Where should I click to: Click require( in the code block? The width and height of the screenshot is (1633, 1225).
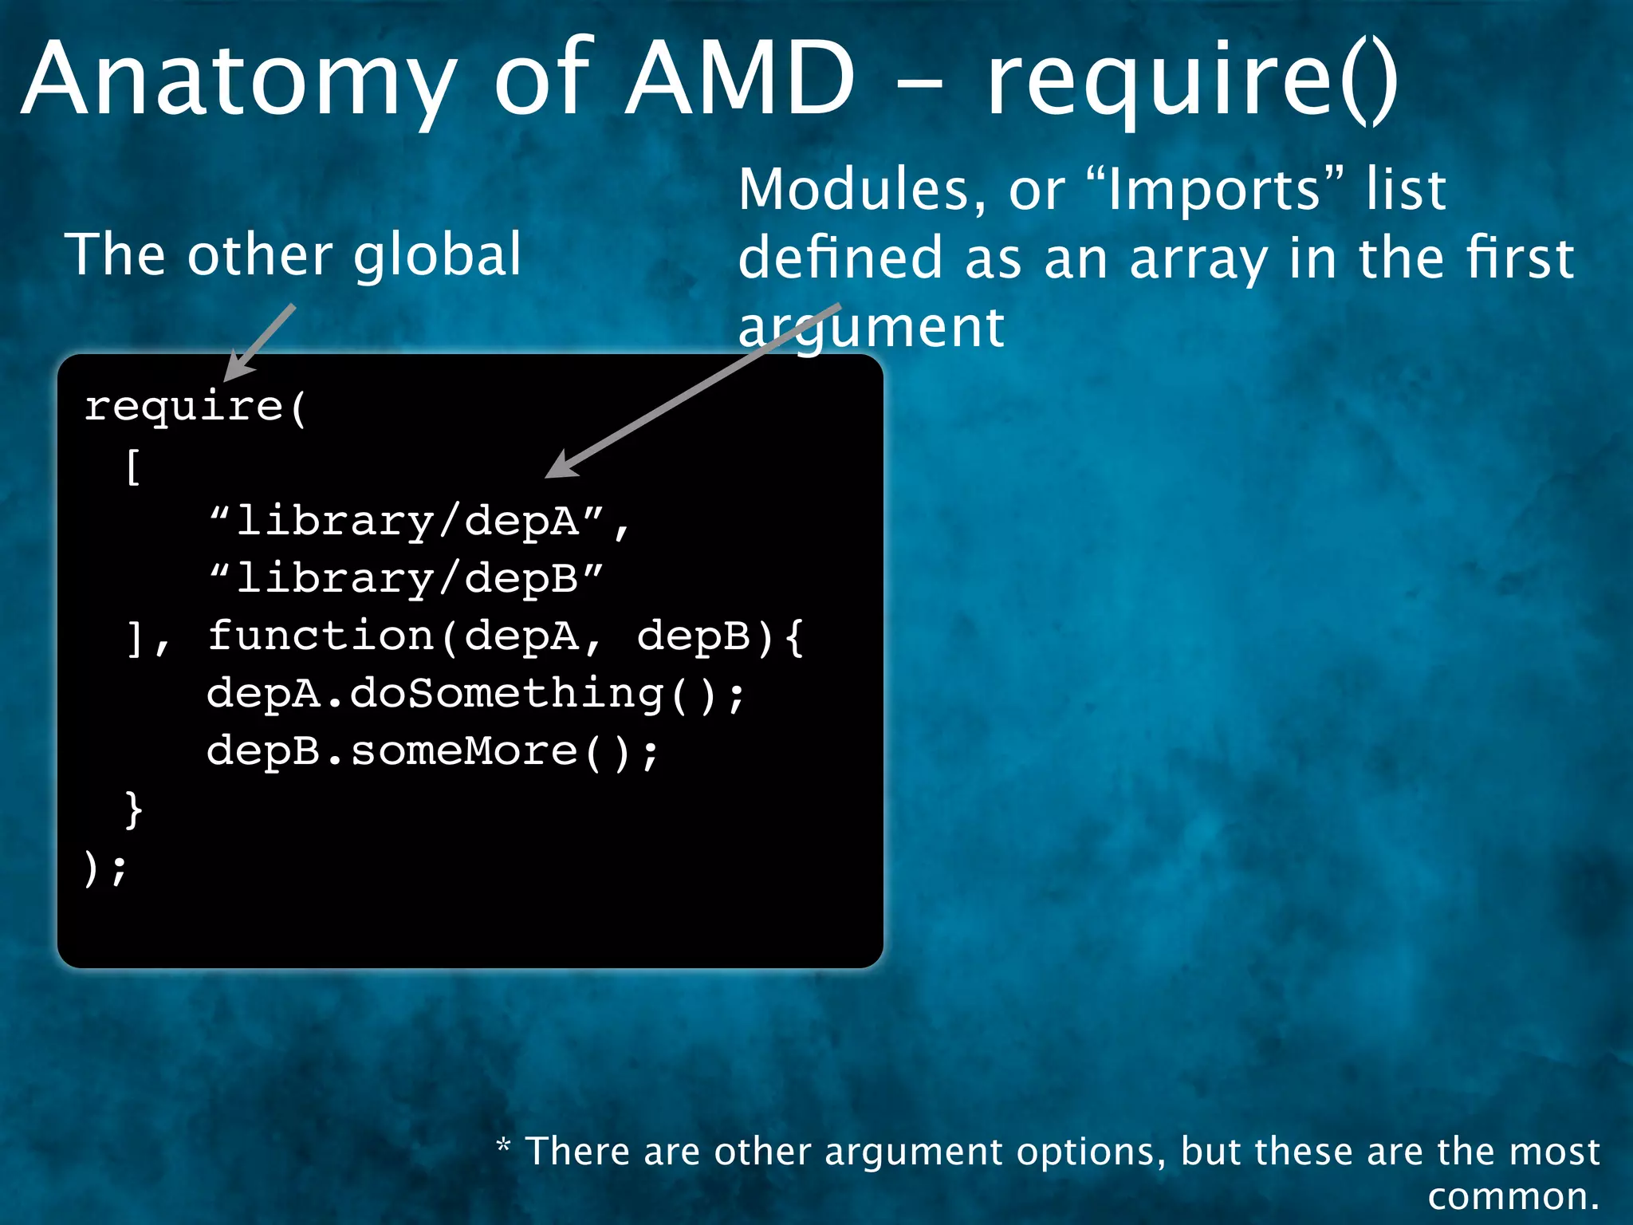point(195,407)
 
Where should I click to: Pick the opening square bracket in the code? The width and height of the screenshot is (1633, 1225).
point(133,466)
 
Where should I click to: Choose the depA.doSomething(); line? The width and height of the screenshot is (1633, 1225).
point(475,693)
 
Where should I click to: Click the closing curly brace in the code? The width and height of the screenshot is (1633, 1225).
point(134,809)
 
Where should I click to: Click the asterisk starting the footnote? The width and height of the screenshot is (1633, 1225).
point(503,1146)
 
